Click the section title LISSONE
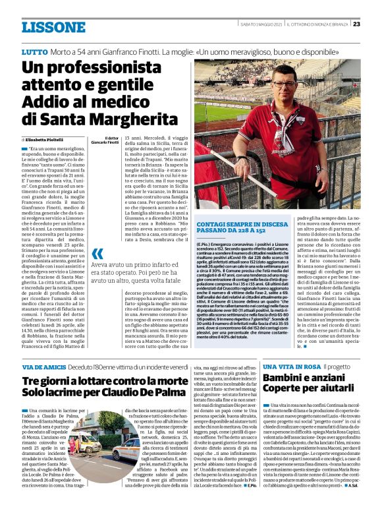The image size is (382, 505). (53, 27)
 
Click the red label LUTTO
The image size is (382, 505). (34, 51)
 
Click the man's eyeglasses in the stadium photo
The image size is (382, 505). (286, 84)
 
